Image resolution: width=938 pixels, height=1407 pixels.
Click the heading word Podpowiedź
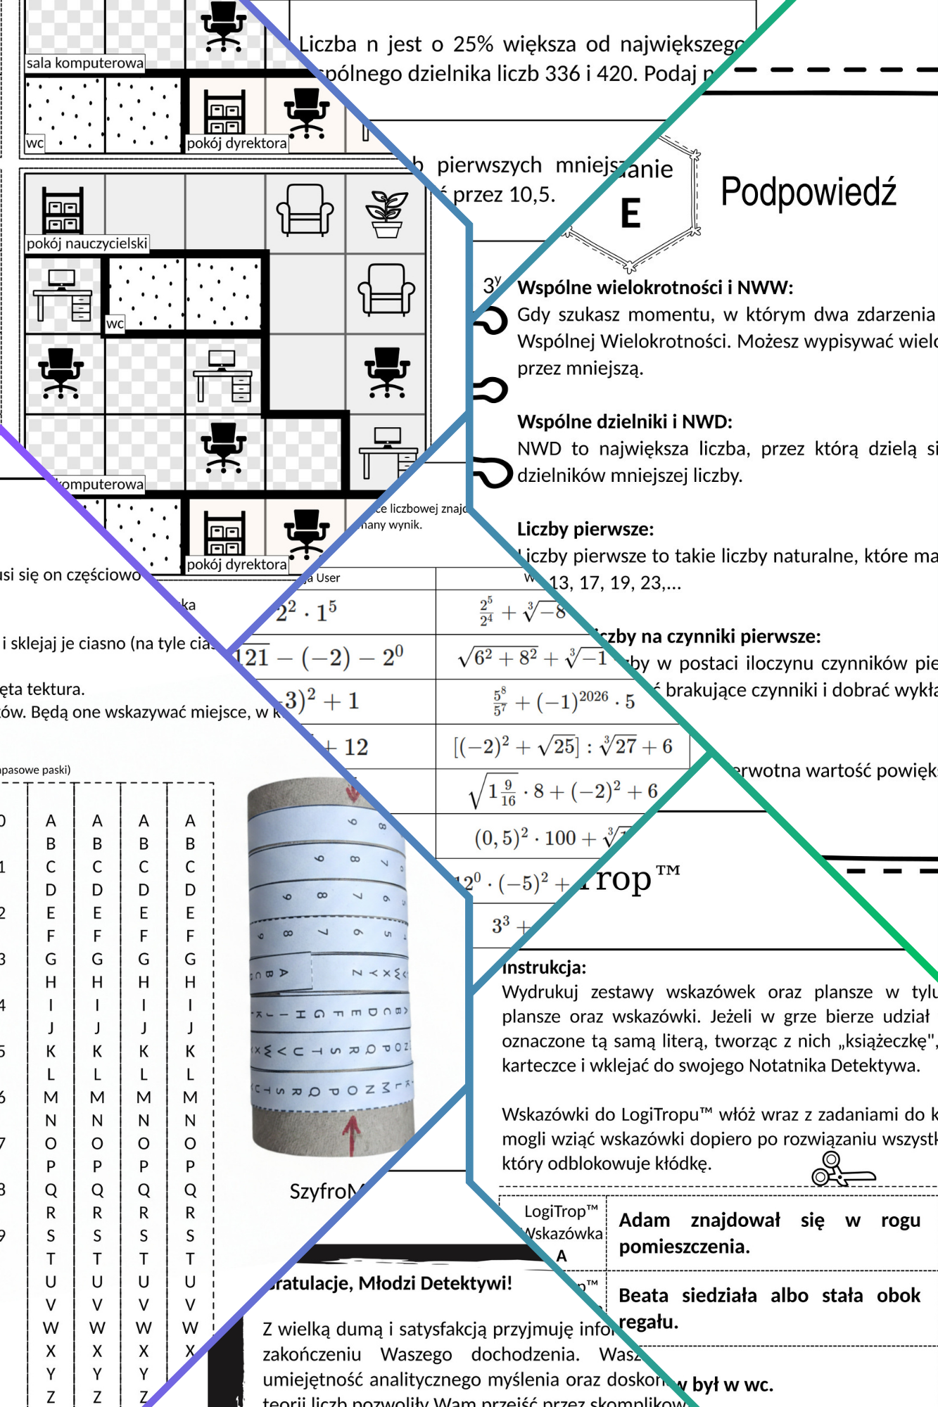(x=809, y=192)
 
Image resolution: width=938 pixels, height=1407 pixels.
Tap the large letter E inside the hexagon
(x=630, y=213)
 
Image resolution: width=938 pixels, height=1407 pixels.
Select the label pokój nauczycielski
(x=87, y=243)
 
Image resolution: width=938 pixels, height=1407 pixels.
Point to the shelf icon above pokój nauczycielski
(x=63, y=209)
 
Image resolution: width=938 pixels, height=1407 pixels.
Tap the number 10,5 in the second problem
(x=532, y=195)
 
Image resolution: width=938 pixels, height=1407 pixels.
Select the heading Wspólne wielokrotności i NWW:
(x=655, y=287)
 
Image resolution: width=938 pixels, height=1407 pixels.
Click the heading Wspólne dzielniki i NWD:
(x=625, y=421)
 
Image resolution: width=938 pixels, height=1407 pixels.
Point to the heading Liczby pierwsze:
(x=585, y=528)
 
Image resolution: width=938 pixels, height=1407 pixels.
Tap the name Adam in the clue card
(x=644, y=1220)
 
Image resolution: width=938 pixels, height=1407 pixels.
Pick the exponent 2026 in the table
(x=593, y=696)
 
